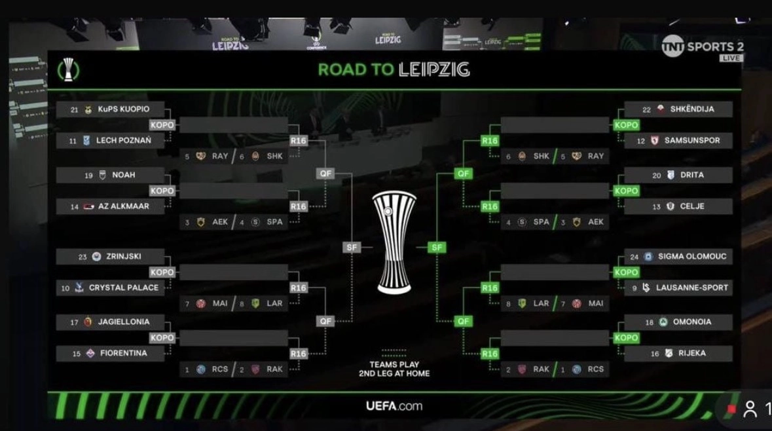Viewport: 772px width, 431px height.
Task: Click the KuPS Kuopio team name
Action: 124,110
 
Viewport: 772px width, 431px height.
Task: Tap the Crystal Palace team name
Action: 124,288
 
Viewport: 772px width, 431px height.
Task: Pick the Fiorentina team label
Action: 124,354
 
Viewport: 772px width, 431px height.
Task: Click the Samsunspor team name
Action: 692,141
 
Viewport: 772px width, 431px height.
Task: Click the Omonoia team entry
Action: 691,322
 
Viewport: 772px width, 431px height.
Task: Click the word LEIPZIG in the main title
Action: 433,69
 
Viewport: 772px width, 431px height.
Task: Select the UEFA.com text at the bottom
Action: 394,406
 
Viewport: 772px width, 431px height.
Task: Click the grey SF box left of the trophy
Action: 351,247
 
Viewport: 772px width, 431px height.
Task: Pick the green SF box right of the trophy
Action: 437,247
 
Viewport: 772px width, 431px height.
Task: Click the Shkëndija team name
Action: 692,109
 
